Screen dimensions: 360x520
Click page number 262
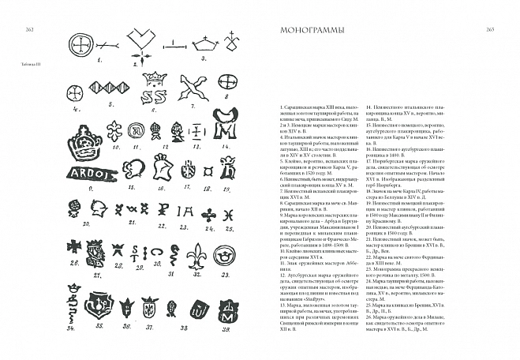click(21, 30)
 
